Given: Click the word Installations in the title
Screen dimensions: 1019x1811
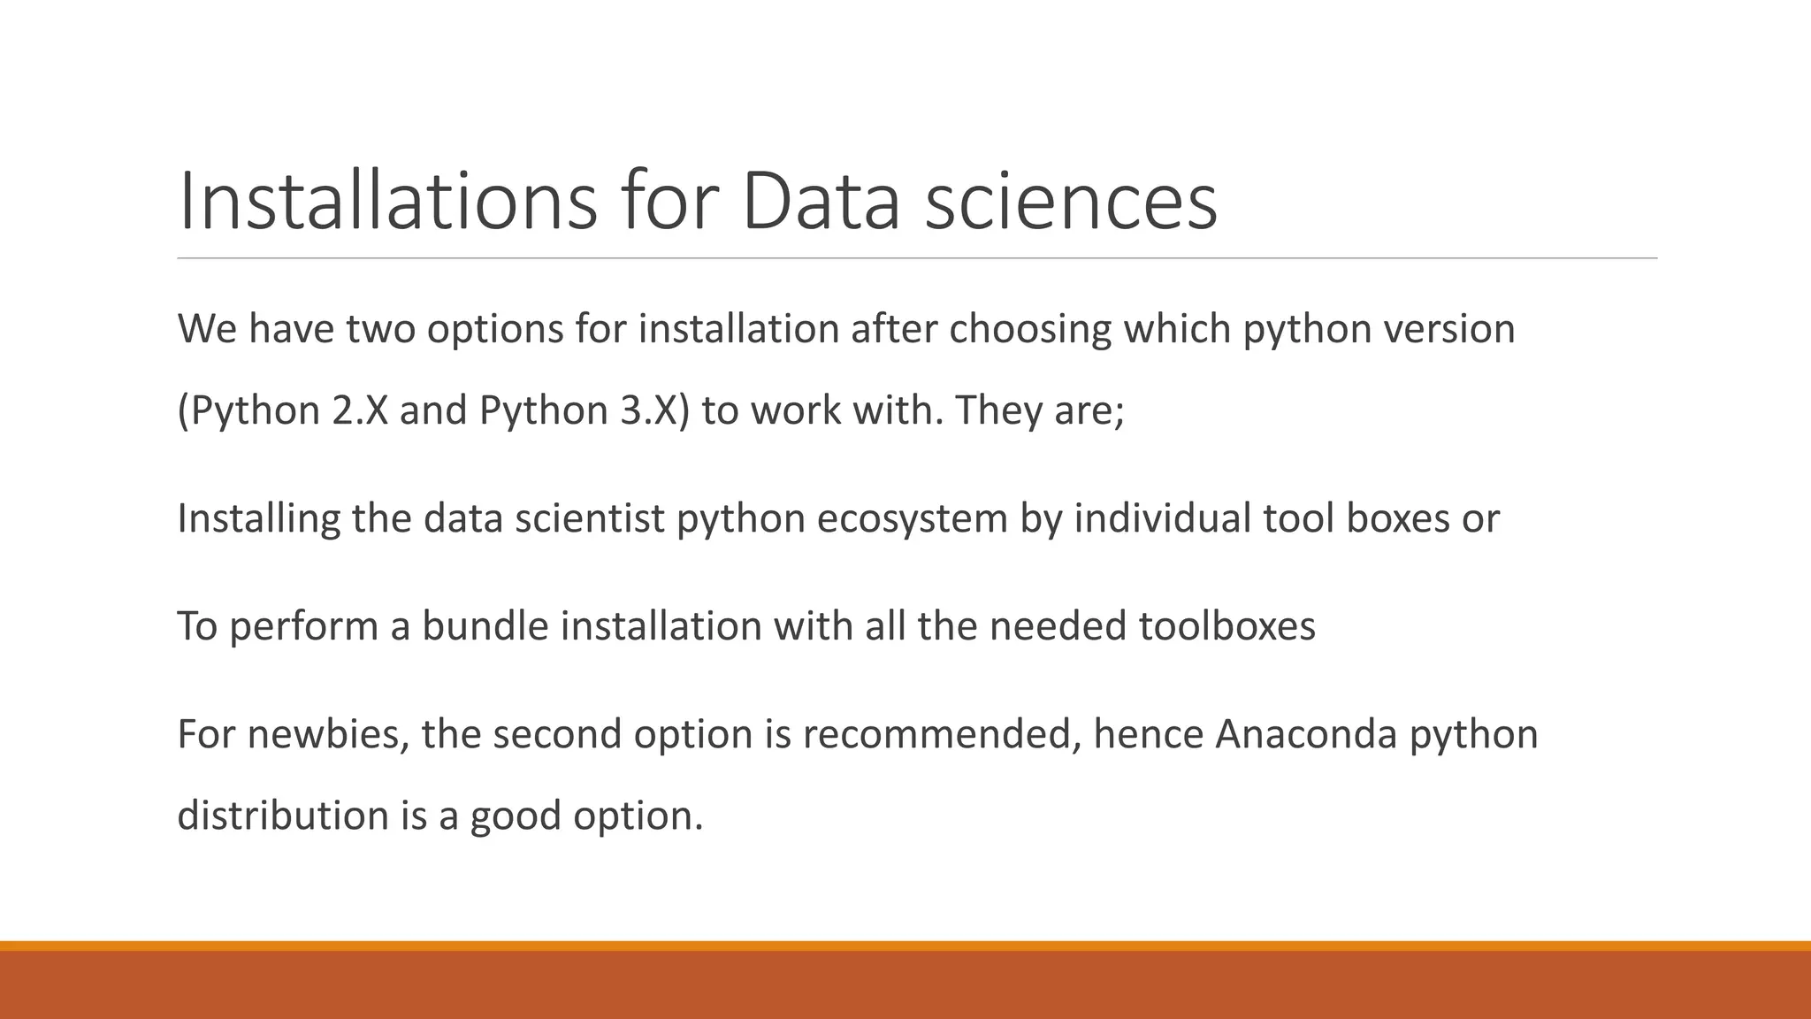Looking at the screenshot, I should pos(387,202).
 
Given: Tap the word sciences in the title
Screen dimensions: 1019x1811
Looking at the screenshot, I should pos(1071,202).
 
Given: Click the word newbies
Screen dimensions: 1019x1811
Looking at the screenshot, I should pos(328,735).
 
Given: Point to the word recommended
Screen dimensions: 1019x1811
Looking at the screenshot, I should pos(941,735).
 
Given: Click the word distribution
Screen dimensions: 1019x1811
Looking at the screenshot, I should pos(283,816).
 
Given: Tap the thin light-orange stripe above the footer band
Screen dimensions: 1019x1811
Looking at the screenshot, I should pos(905,946).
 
